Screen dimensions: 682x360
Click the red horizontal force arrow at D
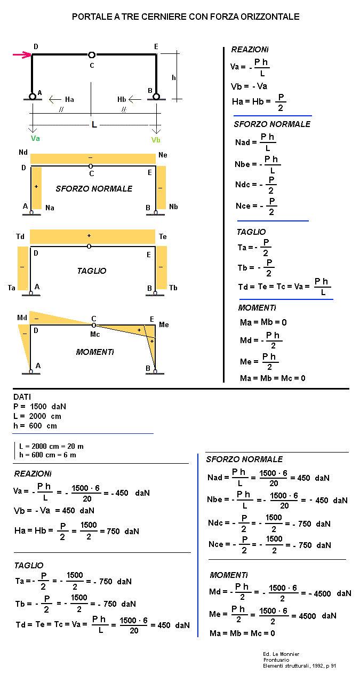tap(22, 54)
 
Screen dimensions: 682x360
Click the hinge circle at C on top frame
tap(92, 54)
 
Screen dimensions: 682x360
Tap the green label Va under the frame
tap(35, 139)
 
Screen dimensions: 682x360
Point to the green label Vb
tap(156, 140)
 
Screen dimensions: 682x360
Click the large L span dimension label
tap(94, 125)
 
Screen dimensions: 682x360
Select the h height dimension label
tap(173, 77)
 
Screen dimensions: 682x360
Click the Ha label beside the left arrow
tap(69, 99)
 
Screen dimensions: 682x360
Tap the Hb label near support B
tap(122, 99)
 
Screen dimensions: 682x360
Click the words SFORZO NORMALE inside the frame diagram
tap(94, 189)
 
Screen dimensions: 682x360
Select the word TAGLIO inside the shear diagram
tap(92, 271)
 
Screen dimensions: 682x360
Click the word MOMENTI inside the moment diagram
tap(95, 352)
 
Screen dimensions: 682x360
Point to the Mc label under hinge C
tap(94, 335)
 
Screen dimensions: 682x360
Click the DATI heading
tap(22, 397)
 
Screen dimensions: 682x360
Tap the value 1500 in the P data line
tap(39, 407)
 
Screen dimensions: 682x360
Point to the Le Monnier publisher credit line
tap(281, 654)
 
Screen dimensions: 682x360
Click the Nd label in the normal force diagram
tap(23, 153)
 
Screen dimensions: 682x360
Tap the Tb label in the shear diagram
tap(173, 288)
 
